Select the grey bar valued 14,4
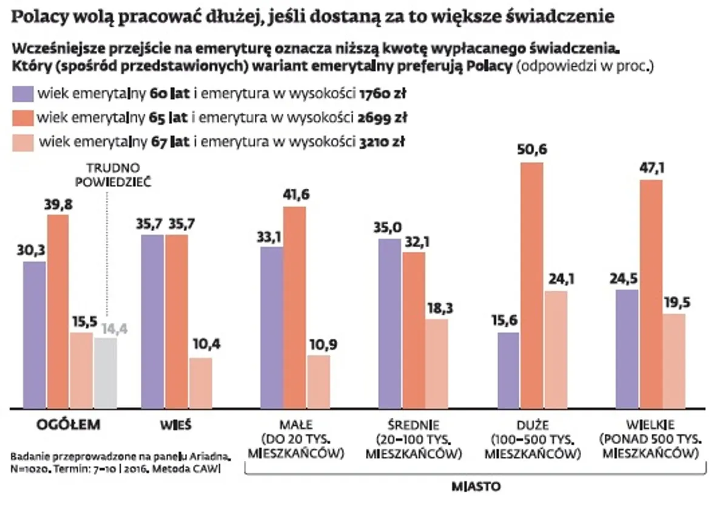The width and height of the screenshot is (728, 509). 106,372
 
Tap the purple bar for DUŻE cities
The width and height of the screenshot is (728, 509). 508,370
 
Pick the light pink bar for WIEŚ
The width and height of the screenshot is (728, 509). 200,383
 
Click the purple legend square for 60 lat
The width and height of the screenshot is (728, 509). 22,94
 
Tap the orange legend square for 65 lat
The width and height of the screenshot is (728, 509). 22,118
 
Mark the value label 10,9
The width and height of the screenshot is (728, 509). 320,345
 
